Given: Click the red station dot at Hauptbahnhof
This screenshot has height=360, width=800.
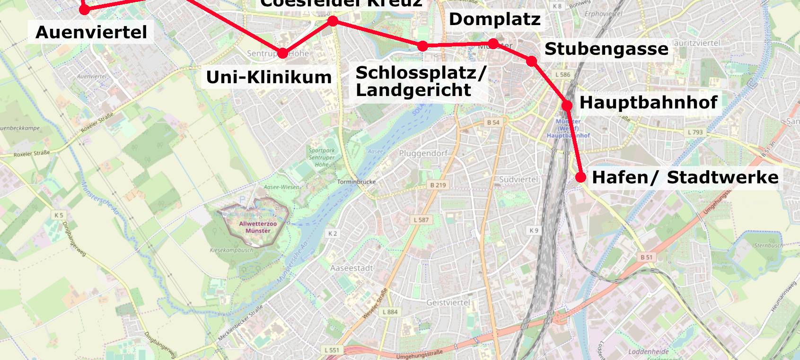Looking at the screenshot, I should pyautogui.click(x=567, y=105).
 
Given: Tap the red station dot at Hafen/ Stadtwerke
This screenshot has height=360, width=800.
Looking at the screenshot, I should pyautogui.click(x=580, y=177).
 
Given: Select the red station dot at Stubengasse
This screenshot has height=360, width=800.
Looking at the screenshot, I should pyautogui.click(x=531, y=61).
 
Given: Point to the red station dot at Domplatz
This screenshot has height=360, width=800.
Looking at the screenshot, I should pyautogui.click(x=493, y=44).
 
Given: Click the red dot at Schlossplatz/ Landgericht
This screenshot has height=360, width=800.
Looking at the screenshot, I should pyautogui.click(x=422, y=46).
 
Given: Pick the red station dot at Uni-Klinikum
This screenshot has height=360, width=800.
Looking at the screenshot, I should pyautogui.click(x=282, y=53).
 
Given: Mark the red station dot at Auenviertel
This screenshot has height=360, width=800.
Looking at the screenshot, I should pyautogui.click(x=84, y=9).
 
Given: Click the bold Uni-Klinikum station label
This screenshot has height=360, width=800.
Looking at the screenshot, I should pyautogui.click(x=269, y=77).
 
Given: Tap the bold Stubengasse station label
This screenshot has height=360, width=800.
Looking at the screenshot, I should pyautogui.click(x=606, y=49).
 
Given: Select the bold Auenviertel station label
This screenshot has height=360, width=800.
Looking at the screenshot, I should pyautogui.click(x=91, y=32).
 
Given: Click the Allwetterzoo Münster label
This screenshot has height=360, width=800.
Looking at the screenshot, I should pyautogui.click(x=258, y=227).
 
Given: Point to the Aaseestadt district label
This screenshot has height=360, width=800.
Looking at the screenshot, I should pyautogui.click(x=352, y=268).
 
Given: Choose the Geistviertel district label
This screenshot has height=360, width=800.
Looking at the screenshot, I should pyautogui.click(x=448, y=302).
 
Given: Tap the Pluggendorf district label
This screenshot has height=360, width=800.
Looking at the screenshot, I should pyautogui.click(x=423, y=153).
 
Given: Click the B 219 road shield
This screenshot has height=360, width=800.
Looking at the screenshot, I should pyautogui.click(x=438, y=185).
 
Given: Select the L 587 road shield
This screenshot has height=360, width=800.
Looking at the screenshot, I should pyautogui.click(x=421, y=220).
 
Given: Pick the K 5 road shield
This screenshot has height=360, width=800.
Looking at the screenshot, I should pyautogui.click(x=59, y=215).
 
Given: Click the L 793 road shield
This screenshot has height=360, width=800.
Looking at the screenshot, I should pyautogui.click(x=695, y=132).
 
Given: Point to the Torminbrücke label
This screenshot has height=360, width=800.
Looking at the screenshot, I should pyautogui.click(x=356, y=182).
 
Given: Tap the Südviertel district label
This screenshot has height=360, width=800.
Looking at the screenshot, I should pyautogui.click(x=519, y=179).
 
